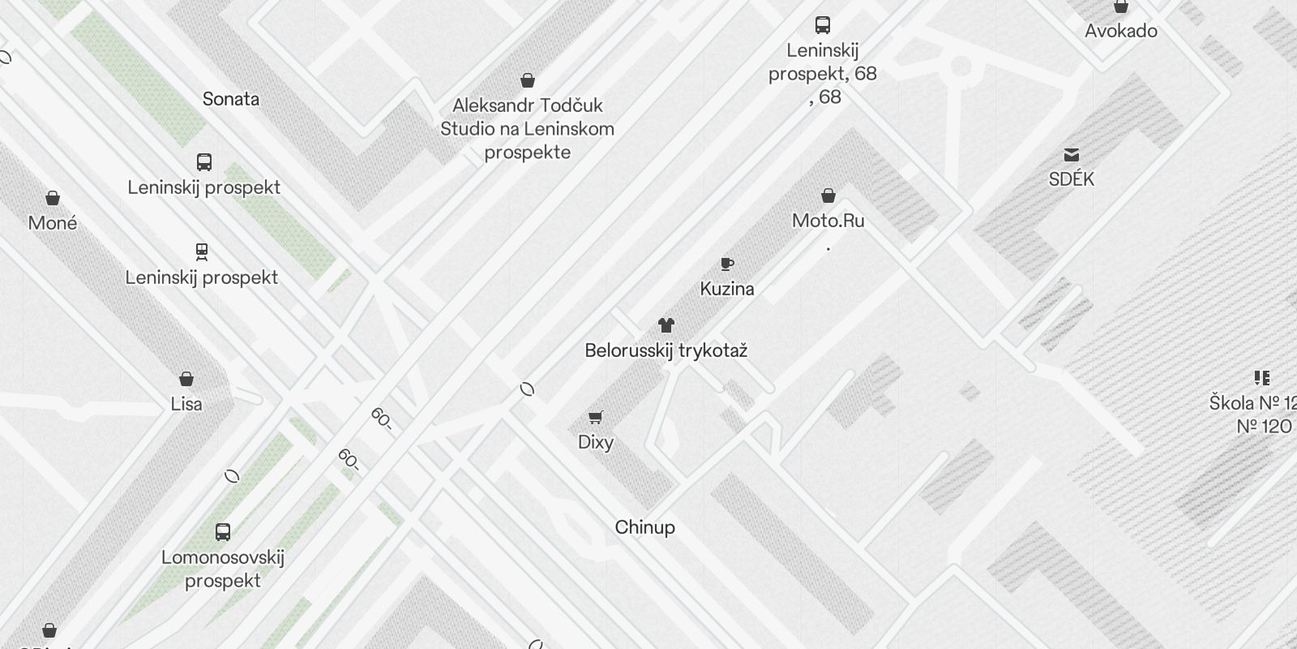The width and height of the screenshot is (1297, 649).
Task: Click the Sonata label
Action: coord(231,99)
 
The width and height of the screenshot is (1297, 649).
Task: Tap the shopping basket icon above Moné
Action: coord(53,198)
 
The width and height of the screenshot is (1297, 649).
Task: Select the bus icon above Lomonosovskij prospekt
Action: coord(223,532)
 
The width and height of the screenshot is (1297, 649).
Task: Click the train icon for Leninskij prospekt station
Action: coord(202,251)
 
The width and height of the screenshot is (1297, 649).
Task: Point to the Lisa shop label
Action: coord(186,404)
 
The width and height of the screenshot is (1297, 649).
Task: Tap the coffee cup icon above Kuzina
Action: coord(727,264)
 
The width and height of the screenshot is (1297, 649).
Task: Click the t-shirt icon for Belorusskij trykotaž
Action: coord(666,325)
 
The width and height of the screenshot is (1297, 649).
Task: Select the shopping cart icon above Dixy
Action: coord(596,417)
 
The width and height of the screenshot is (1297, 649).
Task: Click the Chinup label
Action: coord(644,527)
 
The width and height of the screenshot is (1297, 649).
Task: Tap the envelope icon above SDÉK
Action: coord(1072,154)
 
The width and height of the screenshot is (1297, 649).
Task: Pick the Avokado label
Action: coord(1121,31)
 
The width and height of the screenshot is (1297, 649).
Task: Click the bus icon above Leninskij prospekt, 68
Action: coord(823,24)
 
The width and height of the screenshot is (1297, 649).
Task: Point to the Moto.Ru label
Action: coord(828,221)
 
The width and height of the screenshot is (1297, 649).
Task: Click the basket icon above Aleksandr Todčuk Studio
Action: coord(528,80)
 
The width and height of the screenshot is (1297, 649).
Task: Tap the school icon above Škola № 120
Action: coord(1261,377)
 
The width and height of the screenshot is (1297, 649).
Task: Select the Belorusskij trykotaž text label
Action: coord(666,350)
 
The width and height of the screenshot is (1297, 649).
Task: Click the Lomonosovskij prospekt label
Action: coord(223,569)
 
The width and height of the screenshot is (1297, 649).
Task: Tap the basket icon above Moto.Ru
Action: coord(828,196)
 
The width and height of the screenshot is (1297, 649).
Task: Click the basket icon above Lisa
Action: coord(186,379)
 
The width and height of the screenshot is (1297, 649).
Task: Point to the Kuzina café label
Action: coord(727,289)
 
